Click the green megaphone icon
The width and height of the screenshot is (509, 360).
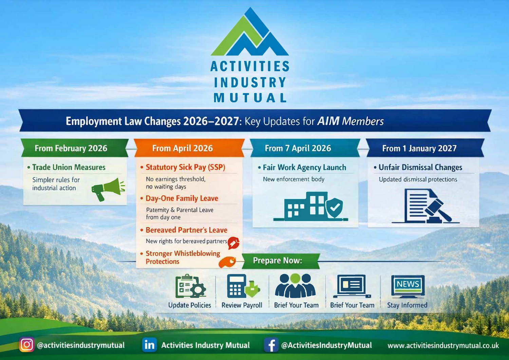point(108,189)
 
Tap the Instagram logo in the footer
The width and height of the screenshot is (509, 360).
point(26,345)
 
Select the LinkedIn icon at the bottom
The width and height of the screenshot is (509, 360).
point(149,345)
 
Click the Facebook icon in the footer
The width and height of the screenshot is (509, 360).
point(271,345)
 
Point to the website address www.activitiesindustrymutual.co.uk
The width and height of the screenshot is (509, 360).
point(443,345)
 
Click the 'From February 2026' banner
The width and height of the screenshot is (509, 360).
point(75,148)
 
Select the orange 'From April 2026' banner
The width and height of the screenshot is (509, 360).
point(189,148)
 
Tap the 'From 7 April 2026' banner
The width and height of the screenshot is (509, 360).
point(305,148)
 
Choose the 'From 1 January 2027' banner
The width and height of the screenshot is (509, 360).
point(425,148)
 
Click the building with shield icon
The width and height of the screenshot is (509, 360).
point(310,206)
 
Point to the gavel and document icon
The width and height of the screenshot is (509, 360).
point(426,206)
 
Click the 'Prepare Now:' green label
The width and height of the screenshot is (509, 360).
point(281,261)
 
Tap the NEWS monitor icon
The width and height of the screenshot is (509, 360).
point(408,286)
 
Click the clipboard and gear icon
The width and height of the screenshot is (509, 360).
point(190,286)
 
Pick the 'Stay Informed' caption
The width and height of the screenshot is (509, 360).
point(407,305)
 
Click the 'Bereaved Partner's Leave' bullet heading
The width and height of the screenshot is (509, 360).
point(186,230)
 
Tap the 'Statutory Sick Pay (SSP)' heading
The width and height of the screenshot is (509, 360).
point(185,167)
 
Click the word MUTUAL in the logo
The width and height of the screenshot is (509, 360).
point(250,98)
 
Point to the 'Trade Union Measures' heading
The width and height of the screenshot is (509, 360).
point(69,167)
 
